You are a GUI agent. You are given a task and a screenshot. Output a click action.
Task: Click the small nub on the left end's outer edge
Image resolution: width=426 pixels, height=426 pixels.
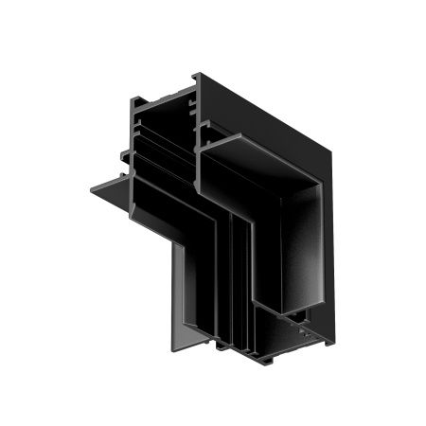coord(123,152)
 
